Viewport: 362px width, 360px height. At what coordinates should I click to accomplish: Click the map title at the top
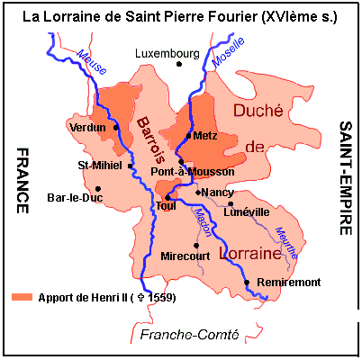point(180,15)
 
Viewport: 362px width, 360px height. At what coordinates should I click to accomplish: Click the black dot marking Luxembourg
point(179,64)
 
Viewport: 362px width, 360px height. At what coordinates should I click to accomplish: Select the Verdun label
point(87,128)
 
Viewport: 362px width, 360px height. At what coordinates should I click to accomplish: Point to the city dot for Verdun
point(116,127)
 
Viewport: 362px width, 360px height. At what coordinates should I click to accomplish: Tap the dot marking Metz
point(187,136)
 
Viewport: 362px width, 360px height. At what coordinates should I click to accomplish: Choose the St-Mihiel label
point(101,166)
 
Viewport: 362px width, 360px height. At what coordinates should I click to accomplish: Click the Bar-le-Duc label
point(72,195)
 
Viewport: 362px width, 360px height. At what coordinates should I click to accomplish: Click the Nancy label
point(217,193)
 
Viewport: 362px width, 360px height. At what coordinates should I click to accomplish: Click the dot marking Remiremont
point(247,283)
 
